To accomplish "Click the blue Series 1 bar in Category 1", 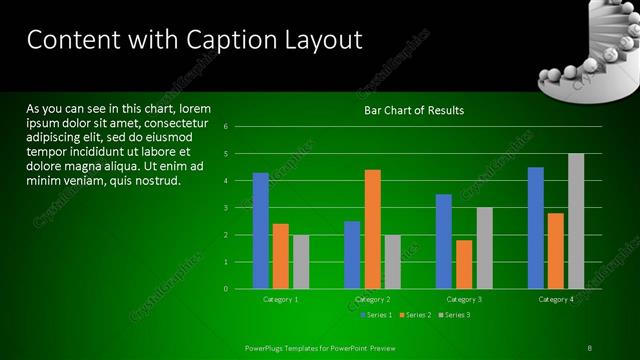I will [260, 230].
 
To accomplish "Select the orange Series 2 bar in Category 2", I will [372, 229].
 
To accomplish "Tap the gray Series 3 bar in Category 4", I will [575, 221].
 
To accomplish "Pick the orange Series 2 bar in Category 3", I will [464, 264].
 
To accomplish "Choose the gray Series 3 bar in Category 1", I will [301, 262].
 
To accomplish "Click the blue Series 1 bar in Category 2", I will [352, 255].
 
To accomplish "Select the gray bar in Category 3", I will [484, 248].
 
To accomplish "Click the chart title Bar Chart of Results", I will [413, 110].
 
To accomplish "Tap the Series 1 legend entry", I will [375, 315].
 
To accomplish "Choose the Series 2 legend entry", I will [415, 315].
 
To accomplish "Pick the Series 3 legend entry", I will [454, 315].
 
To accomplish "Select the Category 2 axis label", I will [372, 299].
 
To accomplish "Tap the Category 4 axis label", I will [556, 299].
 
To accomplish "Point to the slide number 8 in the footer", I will [590, 347].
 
